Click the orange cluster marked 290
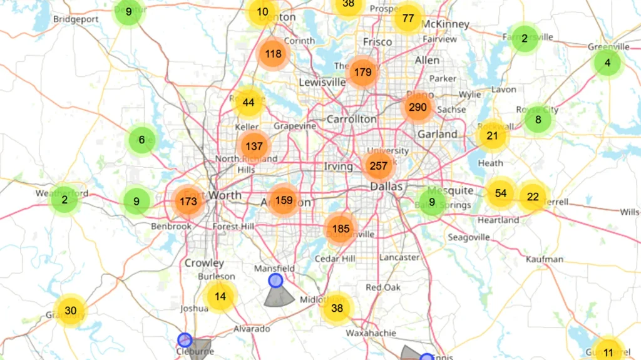pyautogui.click(x=418, y=107)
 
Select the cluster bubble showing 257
pyautogui.click(x=378, y=166)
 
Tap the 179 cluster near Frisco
pyautogui.click(x=362, y=72)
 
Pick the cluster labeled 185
pyautogui.click(x=341, y=229)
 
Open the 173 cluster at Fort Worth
pyautogui.click(x=188, y=202)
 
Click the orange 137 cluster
pyautogui.click(x=254, y=147)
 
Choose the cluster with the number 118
pyautogui.click(x=273, y=54)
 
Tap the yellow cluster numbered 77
pyautogui.click(x=408, y=18)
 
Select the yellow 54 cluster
pyautogui.click(x=500, y=193)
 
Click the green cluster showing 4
pyautogui.click(x=607, y=63)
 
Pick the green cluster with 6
pyautogui.click(x=141, y=140)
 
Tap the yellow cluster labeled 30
pyautogui.click(x=70, y=311)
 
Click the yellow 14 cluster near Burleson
pyautogui.click(x=220, y=297)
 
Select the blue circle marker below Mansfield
pyautogui.click(x=275, y=280)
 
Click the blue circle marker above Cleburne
pyautogui.click(x=185, y=340)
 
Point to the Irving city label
pyautogui.click(x=338, y=167)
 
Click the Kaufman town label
pyautogui.click(x=545, y=259)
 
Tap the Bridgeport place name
pyautogui.click(x=76, y=19)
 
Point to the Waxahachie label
pyautogui.click(x=371, y=333)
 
